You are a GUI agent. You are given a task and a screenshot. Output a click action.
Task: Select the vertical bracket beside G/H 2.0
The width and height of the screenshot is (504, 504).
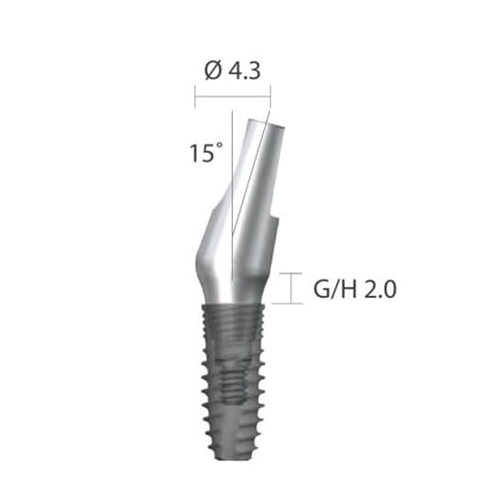click(292, 288)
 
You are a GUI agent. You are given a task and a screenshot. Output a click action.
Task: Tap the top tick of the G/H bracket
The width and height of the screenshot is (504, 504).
click(292, 273)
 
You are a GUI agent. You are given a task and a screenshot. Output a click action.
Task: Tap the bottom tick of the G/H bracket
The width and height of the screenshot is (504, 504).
click(292, 303)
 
